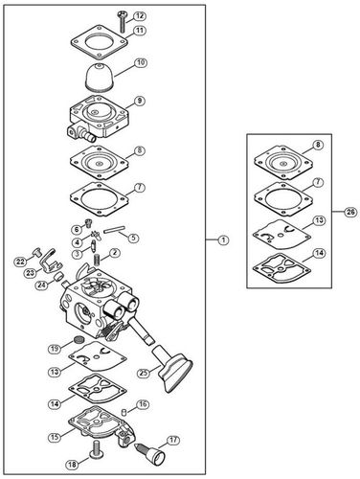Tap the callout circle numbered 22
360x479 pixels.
click(19, 262)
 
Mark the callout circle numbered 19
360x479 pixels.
click(56, 347)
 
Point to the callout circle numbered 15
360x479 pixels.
click(56, 436)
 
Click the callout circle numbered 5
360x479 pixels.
click(133, 237)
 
